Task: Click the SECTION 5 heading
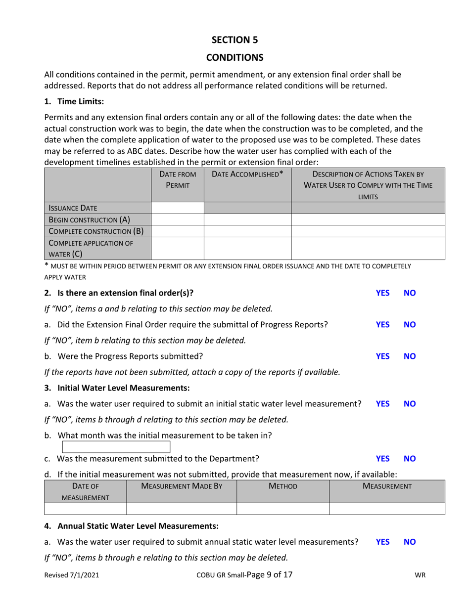tap(235, 40)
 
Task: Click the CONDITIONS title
tap(235, 58)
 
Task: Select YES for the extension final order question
tap(382, 293)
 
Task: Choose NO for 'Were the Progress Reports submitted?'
tap(410, 356)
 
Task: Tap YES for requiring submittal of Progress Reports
tap(382, 325)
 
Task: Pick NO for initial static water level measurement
tap(410, 404)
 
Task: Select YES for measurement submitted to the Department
tap(382, 459)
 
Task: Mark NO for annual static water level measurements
tap(410, 542)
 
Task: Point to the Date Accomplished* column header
tap(247, 174)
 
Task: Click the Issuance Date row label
tap(72, 208)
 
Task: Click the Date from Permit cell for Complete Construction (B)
tap(178, 231)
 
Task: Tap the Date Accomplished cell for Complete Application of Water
tap(247, 248)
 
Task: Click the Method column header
tap(283, 486)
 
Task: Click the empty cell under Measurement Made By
tap(182, 509)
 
